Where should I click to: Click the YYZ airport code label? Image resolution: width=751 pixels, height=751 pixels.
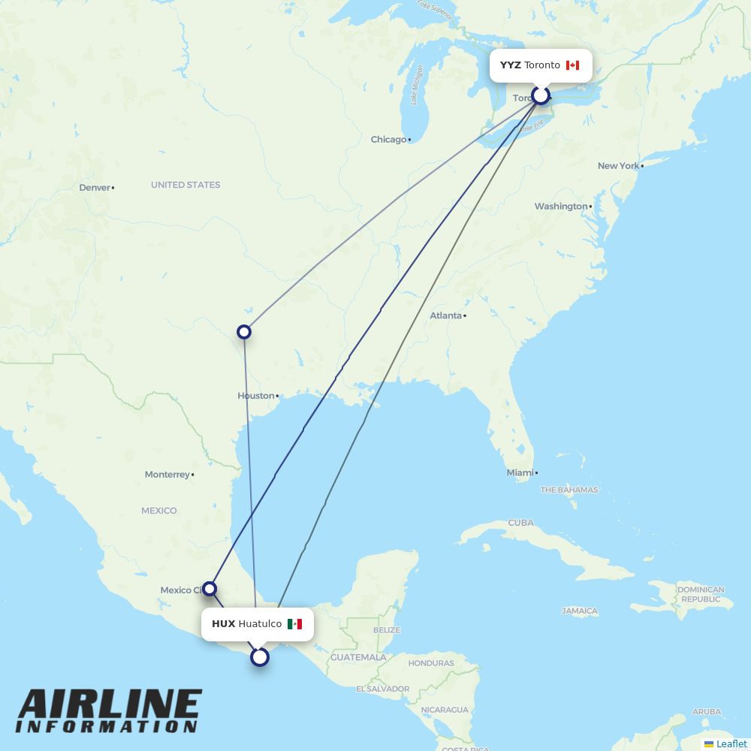pyautogui.click(x=510, y=65)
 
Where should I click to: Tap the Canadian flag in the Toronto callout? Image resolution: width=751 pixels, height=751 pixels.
pyautogui.click(x=572, y=65)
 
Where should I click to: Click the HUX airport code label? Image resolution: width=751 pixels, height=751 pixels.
pyautogui.click(x=223, y=624)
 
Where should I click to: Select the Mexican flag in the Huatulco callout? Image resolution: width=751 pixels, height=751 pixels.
pyautogui.click(x=294, y=624)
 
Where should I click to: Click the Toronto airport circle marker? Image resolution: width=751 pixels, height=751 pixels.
pyautogui.click(x=541, y=95)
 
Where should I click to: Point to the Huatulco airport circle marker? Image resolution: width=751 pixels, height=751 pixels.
pyautogui.click(x=259, y=657)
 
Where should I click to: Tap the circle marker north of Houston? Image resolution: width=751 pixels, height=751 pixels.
pyautogui.click(x=244, y=331)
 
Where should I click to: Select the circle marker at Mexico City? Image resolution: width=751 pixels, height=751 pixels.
pyautogui.click(x=210, y=589)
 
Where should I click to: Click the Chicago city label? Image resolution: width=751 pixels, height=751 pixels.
pyautogui.click(x=388, y=140)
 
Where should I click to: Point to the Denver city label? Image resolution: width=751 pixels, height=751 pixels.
pyautogui.click(x=95, y=188)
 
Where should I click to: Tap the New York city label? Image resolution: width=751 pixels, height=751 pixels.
pyautogui.click(x=618, y=166)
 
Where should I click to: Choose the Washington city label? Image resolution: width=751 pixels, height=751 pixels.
pyautogui.click(x=561, y=207)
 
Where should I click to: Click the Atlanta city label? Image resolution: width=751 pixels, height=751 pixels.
pyautogui.click(x=445, y=315)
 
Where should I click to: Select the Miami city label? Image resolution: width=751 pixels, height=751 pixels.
pyautogui.click(x=520, y=473)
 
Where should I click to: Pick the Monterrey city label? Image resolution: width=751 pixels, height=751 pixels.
pyautogui.click(x=167, y=475)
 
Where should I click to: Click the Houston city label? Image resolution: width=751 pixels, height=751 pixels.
pyautogui.click(x=256, y=396)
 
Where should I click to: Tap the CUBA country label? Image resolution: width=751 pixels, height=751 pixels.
pyautogui.click(x=520, y=523)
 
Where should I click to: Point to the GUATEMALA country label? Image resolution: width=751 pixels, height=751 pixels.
pyautogui.click(x=359, y=658)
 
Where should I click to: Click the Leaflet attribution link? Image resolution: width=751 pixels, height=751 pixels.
pyautogui.click(x=731, y=743)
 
